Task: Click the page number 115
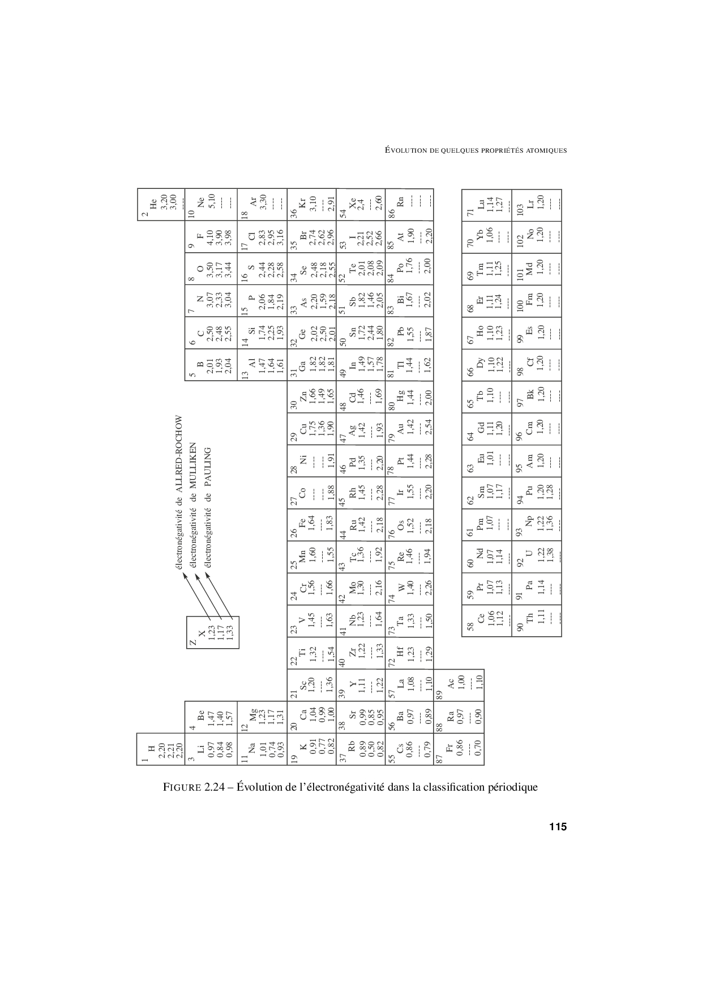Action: click(557, 827)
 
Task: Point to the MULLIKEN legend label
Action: click(193, 467)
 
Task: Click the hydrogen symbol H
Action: click(151, 750)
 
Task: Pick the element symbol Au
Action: click(399, 431)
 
